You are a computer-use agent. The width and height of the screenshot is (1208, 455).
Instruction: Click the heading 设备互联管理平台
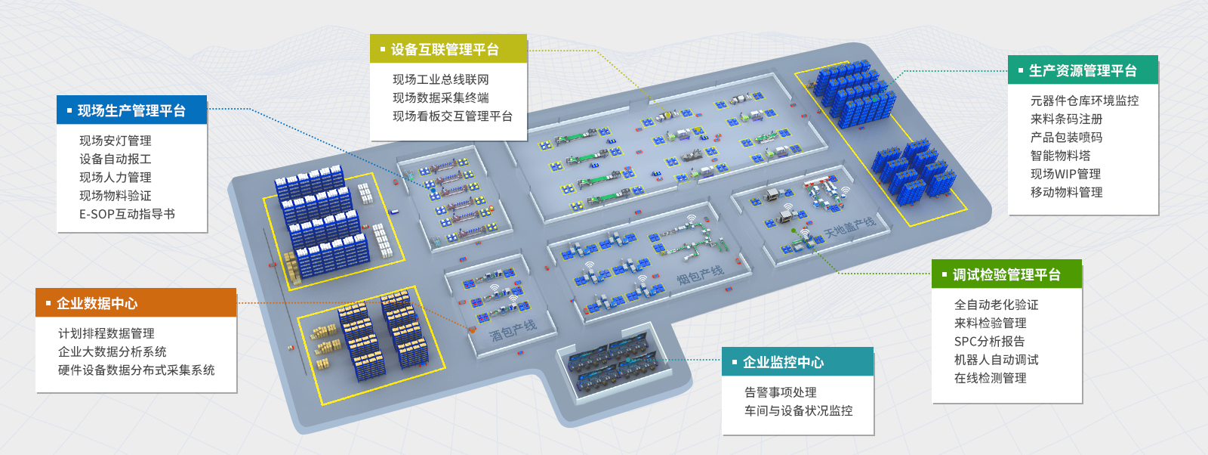[x=445, y=50]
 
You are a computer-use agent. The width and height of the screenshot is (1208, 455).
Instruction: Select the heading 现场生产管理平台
[x=131, y=111]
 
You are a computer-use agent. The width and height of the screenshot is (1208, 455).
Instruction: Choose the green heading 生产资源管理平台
[x=1083, y=71]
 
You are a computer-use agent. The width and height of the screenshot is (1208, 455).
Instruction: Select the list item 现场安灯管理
[x=116, y=141]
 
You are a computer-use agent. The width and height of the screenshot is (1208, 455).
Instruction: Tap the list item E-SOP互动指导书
[x=127, y=214]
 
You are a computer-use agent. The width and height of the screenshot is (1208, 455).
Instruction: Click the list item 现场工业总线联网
[x=441, y=79]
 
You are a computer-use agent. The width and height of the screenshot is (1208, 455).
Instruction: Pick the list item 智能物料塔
[x=1061, y=156]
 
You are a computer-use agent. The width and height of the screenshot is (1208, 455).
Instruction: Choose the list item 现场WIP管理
[x=1065, y=174]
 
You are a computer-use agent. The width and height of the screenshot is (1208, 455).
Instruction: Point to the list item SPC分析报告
[x=990, y=342]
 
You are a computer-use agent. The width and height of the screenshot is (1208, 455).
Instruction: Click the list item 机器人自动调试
[x=997, y=360]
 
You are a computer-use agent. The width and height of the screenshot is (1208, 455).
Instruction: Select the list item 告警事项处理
[x=781, y=392]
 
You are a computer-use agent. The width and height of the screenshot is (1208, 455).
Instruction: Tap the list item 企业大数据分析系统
[x=112, y=351]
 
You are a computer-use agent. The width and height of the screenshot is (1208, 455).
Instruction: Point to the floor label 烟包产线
[x=700, y=275]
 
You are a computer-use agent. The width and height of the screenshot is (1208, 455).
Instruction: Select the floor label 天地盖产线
[x=849, y=227]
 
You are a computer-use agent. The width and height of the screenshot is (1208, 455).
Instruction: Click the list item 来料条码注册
[x=1067, y=119]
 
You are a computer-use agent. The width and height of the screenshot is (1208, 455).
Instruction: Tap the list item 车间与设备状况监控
[x=799, y=410]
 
